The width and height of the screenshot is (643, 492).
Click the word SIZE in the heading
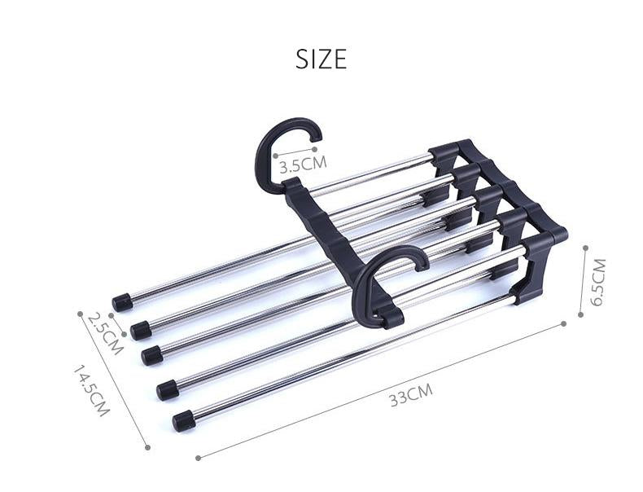pyautogui.click(x=321, y=59)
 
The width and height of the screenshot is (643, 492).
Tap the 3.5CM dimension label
pyautogui.click(x=302, y=165)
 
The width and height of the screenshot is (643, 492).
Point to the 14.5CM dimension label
pyautogui.click(x=90, y=391)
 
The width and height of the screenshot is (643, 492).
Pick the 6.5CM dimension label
pyautogui.click(x=598, y=282)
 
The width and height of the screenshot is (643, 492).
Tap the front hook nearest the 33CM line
pyautogui.click(x=383, y=281)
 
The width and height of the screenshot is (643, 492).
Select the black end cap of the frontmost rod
pyautogui.click(x=184, y=420)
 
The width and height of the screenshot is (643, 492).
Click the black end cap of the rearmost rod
pyautogui.click(x=123, y=302)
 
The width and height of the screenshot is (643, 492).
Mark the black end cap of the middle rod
pyautogui.click(x=151, y=355)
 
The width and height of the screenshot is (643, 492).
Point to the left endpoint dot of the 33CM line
pyautogui.click(x=199, y=459)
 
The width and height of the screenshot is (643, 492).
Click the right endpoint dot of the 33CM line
pyautogui.click(x=563, y=323)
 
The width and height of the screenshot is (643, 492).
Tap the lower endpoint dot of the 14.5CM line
pyautogui.click(x=147, y=446)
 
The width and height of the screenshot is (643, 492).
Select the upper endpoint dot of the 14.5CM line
pyautogui.click(x=80, y=312)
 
